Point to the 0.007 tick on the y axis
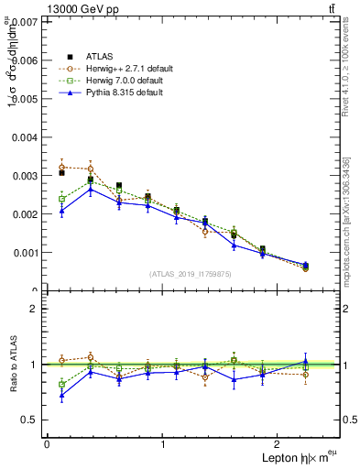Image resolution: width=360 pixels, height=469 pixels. (x=24, y=20)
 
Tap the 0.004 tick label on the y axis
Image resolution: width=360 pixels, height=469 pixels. (x=24, y=136)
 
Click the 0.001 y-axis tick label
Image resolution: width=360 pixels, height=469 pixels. (x=24, y=252)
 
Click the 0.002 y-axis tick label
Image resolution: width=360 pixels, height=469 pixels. (x=24, y=213)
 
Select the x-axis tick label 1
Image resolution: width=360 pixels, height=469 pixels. (x=163, y=443)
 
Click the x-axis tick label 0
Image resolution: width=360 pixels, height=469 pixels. (x=47, y=443)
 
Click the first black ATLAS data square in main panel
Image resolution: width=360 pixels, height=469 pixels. (x=62, y=172)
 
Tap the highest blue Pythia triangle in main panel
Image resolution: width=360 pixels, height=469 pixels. (x=91, y=189)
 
